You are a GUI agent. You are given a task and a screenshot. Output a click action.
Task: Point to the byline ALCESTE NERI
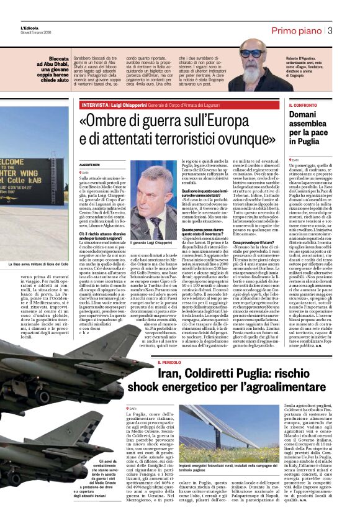(89, 164)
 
